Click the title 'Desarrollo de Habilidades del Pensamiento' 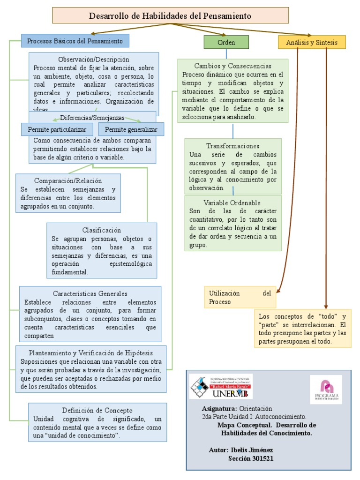[170, 16]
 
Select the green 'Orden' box [226, 42]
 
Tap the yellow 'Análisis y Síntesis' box [311, 42]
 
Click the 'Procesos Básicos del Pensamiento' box [75, 41]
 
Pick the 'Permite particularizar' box [57, 129]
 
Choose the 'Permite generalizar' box [131, 129]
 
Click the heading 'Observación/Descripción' [94, 60]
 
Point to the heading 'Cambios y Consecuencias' [232, 66]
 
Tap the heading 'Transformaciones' [232, 146]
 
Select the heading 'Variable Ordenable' [232, 202]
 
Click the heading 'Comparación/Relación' [68, 180]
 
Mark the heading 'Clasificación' [102, 230]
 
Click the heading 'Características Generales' [90, 293]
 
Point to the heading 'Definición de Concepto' [97, 410]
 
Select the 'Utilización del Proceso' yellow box [240, 298]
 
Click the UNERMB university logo [221, 386]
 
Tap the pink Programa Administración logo [326, 390]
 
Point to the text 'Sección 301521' [250, 458]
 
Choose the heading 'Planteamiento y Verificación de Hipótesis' [91, 352]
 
